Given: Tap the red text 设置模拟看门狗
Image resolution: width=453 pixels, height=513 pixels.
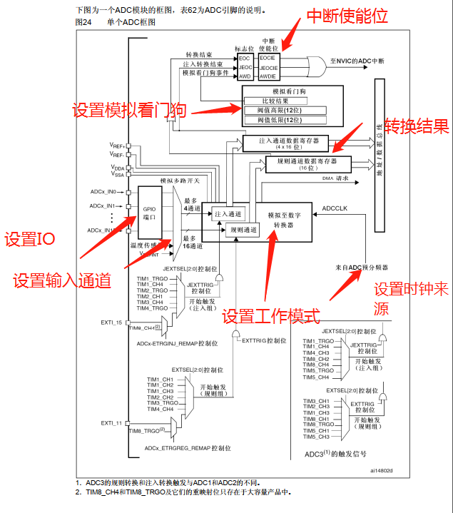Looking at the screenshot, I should point(129,110).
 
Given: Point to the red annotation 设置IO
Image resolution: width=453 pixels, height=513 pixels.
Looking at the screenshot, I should point(30,240).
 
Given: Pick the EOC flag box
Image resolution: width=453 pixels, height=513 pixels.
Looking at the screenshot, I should point(245,56).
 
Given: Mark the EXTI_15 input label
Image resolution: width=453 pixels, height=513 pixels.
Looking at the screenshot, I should point(111,322).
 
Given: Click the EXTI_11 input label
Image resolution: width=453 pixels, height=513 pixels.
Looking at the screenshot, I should point(111,423).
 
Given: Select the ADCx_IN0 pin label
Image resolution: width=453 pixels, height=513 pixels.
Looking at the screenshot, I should point(103,192).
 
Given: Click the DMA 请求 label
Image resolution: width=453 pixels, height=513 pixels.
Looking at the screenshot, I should point(335,178).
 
